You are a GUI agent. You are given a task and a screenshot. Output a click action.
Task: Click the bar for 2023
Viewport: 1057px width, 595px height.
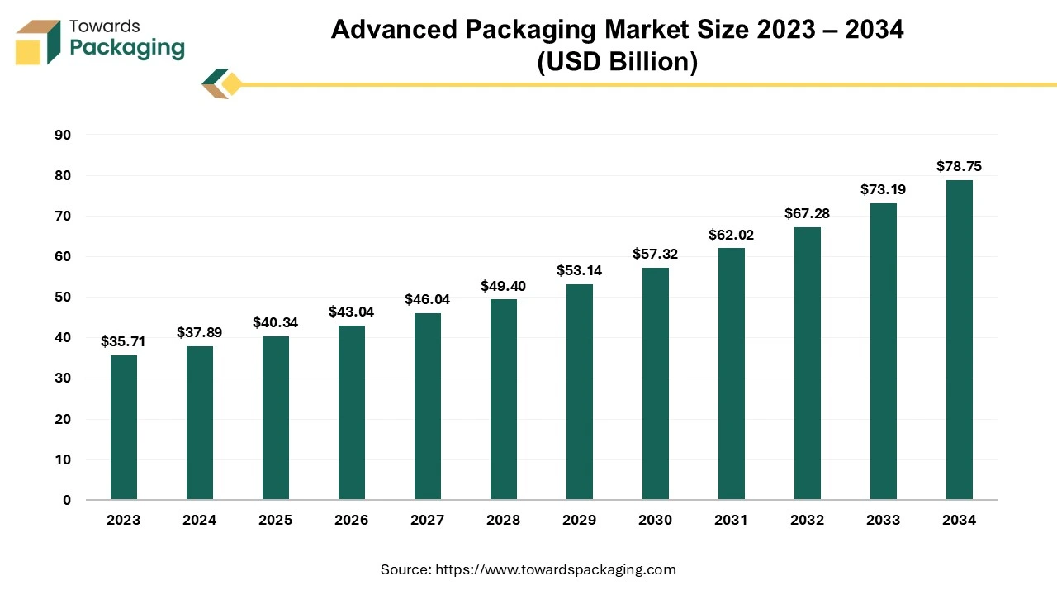(124, 427)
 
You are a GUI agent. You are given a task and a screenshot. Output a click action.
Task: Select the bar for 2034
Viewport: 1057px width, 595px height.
(960, 340)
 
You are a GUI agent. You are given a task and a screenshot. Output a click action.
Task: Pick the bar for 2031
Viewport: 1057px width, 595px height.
(732, 374)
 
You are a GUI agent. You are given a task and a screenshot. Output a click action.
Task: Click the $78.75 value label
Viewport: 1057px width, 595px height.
(960, 167)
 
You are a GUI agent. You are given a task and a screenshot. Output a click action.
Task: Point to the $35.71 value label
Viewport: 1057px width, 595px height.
(124, 341)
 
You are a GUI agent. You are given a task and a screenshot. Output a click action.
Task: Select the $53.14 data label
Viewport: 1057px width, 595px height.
(580, 270)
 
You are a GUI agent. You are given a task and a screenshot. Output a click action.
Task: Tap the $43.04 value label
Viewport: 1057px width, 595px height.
(352, 312)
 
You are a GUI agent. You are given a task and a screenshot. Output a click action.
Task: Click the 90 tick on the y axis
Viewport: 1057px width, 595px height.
(63, 135)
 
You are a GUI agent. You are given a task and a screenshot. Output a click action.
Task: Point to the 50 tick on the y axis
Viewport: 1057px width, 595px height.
(63, 297)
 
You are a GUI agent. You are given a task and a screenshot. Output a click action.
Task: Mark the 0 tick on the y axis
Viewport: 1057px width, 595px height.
(67, 500)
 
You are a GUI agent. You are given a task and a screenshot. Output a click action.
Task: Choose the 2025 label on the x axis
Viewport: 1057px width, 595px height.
(276, 521)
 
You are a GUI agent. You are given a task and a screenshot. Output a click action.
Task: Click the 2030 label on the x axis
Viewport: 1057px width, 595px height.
(656, 521)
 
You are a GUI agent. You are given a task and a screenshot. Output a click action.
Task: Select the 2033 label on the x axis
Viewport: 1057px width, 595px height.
(884, 521)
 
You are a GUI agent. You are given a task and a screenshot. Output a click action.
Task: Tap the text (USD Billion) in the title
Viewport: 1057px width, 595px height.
(617, 62)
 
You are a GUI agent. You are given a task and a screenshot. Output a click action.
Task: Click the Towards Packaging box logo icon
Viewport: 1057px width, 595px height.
(38, 42)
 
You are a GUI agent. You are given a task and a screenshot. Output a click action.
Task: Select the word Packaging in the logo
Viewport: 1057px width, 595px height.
(127, 48)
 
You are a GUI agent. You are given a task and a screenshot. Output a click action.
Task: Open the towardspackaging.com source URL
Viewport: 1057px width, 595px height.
(556, 569)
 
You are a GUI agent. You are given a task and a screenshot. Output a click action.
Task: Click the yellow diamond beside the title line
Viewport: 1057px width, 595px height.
(231, 84)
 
